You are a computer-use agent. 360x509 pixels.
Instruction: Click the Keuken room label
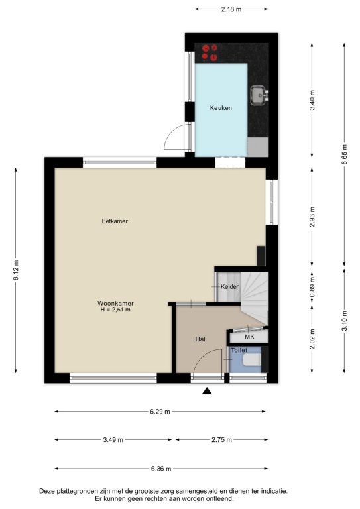tap(221, 108)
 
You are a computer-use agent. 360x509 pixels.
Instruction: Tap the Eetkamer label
tap(115, 221)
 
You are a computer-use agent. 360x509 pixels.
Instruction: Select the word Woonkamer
tap(115, 303)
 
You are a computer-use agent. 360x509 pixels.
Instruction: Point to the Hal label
tap(200, 339)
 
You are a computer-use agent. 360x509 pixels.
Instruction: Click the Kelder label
tap(229, 286)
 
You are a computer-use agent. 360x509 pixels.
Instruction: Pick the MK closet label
tap(249, 337)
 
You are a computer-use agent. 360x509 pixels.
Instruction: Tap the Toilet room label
tap(239, 350)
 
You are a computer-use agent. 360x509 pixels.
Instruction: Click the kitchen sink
tap(259, 95)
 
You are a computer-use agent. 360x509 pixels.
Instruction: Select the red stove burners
tap(210, 52)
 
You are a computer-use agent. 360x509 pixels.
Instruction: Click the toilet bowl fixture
tap(252, 359)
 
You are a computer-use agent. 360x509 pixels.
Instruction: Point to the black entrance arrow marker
tap(207, 391)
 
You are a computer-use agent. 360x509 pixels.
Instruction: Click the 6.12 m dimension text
tap(16, 270)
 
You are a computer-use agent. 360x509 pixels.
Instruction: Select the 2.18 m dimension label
tap(231, 9)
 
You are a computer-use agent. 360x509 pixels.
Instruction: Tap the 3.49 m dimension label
tap(113, 440)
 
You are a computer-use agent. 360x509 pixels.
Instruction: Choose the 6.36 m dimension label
tap(161, 469)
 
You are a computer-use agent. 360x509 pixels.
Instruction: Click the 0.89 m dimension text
tap(312, 286)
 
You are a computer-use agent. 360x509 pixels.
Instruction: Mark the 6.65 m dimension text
tap(344, 154)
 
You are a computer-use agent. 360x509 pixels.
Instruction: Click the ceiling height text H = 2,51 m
tap(115, 310)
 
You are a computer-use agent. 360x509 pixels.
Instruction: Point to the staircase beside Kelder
tap(254, 298)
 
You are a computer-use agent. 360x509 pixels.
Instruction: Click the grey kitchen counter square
tap(258, 147)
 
